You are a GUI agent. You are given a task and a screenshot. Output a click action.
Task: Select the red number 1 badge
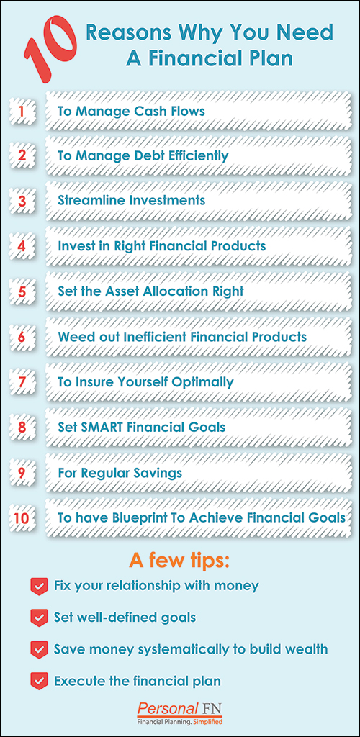pos(22,112)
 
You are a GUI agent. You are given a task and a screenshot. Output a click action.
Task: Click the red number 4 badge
pos(22,246)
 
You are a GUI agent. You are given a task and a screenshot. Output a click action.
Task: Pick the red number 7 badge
pos(22,382)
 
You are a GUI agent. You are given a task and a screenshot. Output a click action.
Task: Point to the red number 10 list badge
pos(22,518)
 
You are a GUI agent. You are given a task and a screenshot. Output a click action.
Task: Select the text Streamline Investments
pos(132,201)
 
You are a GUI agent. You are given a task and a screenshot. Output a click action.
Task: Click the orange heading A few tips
pos(179,561)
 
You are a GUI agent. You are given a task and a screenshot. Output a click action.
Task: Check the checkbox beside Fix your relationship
pos(39,587)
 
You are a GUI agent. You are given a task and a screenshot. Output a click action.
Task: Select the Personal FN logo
pos(179,713)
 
